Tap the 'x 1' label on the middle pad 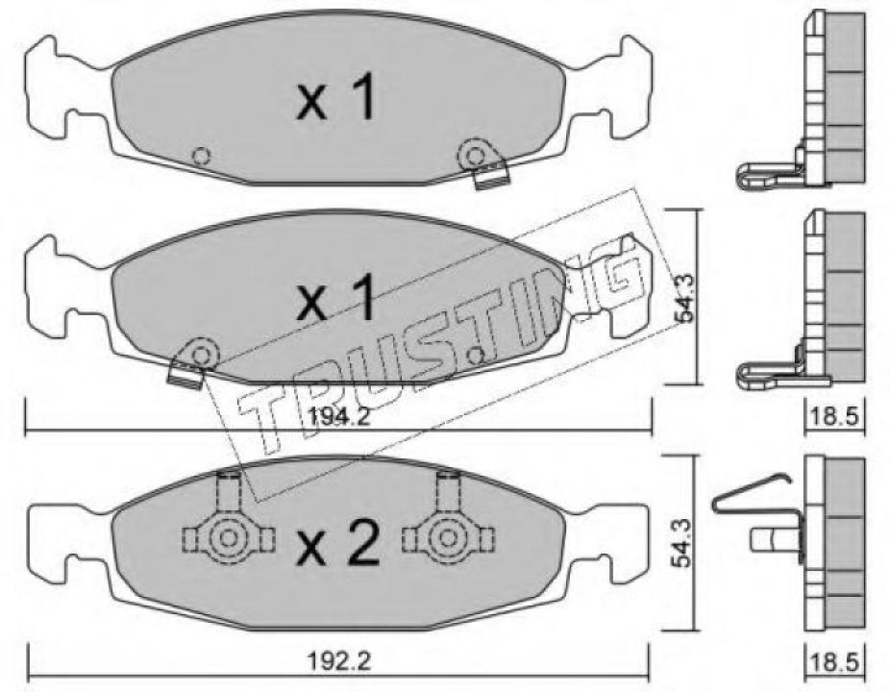pyautogui.click(x=336, y=301)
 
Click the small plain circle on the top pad pyautogui.click(x=201, y=156)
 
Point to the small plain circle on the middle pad pyautogui.click(x=474, y=357)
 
